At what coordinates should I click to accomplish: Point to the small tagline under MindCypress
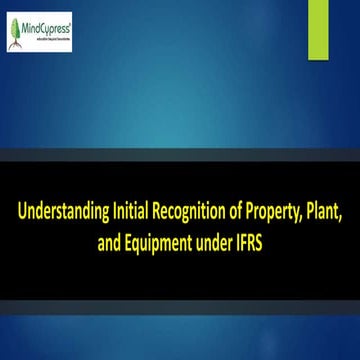[47, 39]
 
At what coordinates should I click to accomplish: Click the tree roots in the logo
[16, 43]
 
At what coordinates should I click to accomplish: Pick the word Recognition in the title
[189, 213]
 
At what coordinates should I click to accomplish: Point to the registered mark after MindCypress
[69, 24]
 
